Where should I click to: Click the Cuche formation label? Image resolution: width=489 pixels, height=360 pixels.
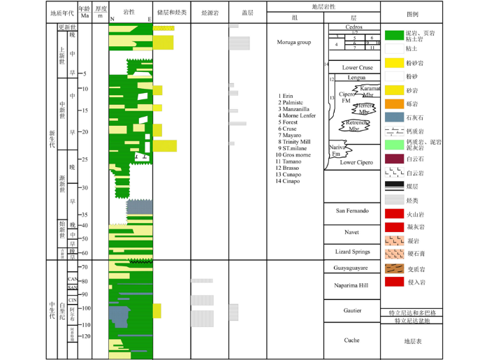pyautogui.click(x=351, y=340)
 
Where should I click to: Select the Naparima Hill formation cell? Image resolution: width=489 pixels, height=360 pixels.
pyautogui.click(x=351, y=285)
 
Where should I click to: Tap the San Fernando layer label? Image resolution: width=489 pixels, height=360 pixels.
pyautogui.click(x=351, y=211)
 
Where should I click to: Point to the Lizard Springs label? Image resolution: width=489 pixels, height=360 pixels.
pyautogui.click(x=351, y=251)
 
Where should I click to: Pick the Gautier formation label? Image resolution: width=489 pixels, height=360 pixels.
pyautogui.click(x=351, y=310)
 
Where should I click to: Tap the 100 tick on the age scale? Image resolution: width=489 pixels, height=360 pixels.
pyautogui.click(x=87, y=308)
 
